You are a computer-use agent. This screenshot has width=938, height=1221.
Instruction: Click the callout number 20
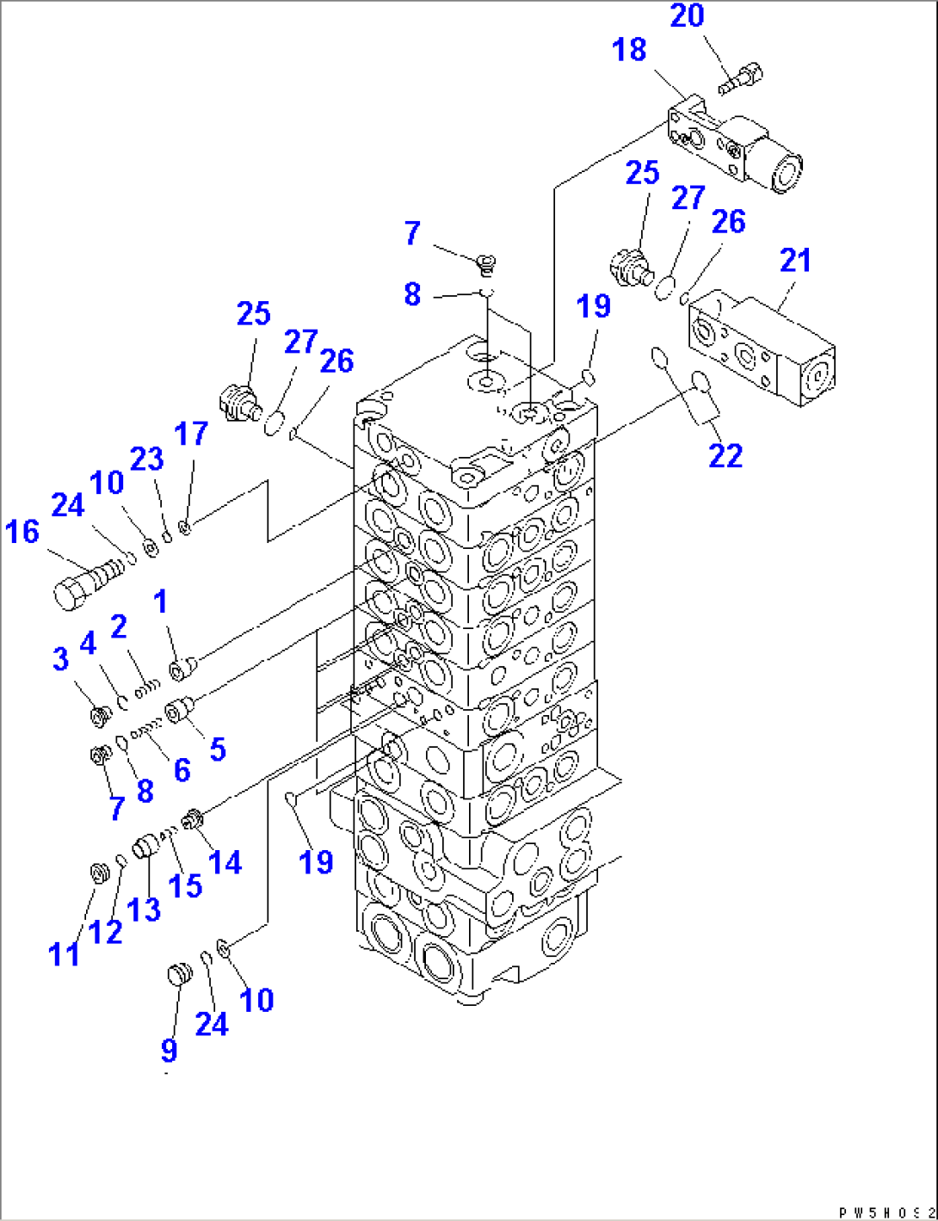pos(687,15)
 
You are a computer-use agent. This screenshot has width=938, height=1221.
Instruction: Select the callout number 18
pos(629,50)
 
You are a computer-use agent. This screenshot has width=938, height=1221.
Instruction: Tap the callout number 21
pos(795,260)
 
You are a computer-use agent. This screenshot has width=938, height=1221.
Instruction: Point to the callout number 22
pos(725,455)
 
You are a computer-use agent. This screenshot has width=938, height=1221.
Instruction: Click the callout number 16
pos(22,532)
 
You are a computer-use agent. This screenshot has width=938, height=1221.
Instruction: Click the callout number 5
pos(218,749)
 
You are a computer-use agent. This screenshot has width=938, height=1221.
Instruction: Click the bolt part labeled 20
pos(739,80)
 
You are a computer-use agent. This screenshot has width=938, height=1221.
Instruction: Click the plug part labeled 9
pos(178,975)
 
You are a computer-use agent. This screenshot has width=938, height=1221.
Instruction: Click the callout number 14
pos(225,861)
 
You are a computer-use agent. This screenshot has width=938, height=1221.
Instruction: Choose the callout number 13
pos(144,909)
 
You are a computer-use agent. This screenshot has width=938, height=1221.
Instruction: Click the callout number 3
pos(60,659)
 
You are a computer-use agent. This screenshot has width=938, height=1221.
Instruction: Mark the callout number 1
pos(161,601)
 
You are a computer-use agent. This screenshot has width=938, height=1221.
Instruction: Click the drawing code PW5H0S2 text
pos(886,1212)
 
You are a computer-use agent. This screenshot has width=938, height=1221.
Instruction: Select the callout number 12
pos(105,932)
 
